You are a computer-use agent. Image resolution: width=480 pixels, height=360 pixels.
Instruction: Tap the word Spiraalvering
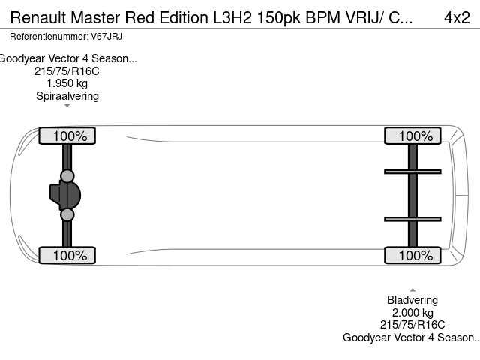tap(67, 95)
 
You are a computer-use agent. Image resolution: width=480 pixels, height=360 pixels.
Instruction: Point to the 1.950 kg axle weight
tap(67, 83)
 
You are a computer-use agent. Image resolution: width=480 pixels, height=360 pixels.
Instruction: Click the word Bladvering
tap(412, 300)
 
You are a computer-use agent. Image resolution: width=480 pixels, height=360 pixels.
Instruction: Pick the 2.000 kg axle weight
tap(412, 313)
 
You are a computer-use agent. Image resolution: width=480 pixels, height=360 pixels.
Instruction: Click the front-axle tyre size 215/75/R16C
tap(67, 71)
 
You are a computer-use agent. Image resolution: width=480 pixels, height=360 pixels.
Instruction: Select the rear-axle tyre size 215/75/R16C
tap(412, 325)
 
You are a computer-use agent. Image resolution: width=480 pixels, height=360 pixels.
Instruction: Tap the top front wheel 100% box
tap(67, 136)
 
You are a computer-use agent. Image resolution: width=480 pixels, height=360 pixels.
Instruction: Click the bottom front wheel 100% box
tap(67, 256)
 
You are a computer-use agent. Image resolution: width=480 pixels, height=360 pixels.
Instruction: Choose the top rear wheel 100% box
tap(412, 136)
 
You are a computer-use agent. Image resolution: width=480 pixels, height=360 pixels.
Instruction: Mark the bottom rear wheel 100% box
tap(412, 256)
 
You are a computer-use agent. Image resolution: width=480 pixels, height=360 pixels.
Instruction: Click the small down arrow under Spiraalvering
tap(67, 106)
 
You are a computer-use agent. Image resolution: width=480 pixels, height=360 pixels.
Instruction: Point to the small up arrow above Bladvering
tap(412, 289)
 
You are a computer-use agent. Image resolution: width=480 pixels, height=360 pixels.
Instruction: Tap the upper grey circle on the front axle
tap(67, 176)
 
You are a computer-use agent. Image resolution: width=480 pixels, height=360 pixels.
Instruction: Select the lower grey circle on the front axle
tap(67, 215)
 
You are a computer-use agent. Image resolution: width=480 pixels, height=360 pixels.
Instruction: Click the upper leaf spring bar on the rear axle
tap(412, 172)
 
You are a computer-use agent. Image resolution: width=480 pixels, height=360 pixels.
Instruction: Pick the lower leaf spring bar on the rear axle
tap(412, 219)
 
